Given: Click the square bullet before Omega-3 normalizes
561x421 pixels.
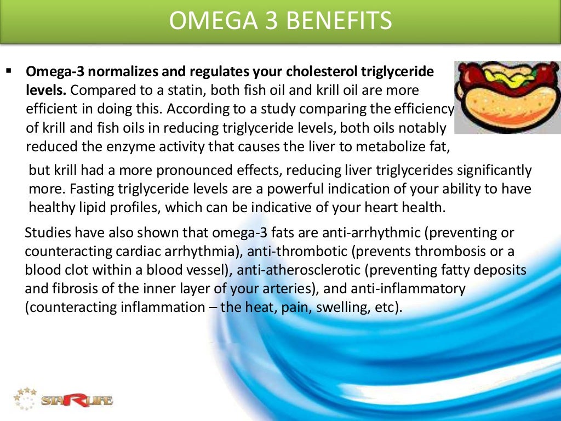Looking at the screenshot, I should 9,71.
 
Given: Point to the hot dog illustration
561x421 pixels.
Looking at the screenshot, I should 507,97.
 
